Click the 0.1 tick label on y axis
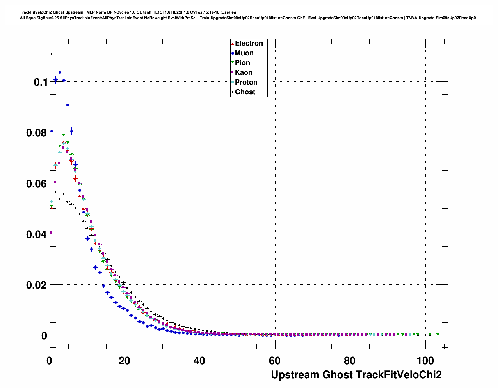click(41, 82)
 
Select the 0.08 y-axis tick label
click(37, 133)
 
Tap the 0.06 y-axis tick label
click(37, 183)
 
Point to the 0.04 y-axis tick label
click(37, 235)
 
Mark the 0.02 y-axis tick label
click(37, 285)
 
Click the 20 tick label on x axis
click(124, 361)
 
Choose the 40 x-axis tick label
click(199, 361)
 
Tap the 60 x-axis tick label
click(275, 361)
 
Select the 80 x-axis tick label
click(350, 361)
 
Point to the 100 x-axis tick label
click(425, 361)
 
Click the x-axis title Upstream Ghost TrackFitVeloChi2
click(356, 375)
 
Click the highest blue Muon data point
click(60, 72)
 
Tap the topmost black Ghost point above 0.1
click(51, 54)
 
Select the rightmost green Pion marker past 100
click(438, 335)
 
